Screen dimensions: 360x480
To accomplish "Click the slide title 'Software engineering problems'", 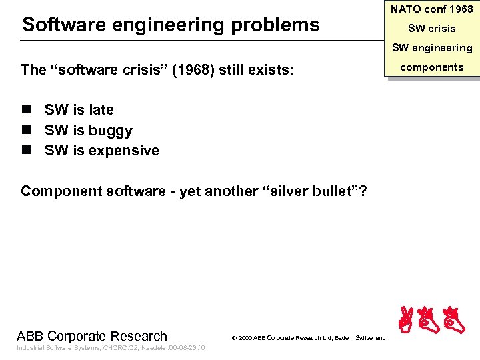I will pyautogui.click(x=171, y=25).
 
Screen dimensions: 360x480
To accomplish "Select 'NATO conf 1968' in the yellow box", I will pyautogui.click(x=431, y=9).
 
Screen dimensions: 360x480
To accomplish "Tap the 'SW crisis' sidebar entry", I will pyautogui.click(x=432, y=29).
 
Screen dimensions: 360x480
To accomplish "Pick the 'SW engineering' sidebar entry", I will pyautogui.click(x=431, y=47).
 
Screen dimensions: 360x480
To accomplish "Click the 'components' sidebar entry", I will pyautogui.click(x=431, y=67).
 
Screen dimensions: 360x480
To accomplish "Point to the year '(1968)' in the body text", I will pyautogui.click(x=193, y=70).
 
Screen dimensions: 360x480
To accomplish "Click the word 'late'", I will pyautogui.click(x=100, y=110).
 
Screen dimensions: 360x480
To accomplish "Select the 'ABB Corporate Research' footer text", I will pyautogui.click(x=92, y=336).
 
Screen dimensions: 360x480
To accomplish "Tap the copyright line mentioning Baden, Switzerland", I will pyautogui.click(x=308, y=339).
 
